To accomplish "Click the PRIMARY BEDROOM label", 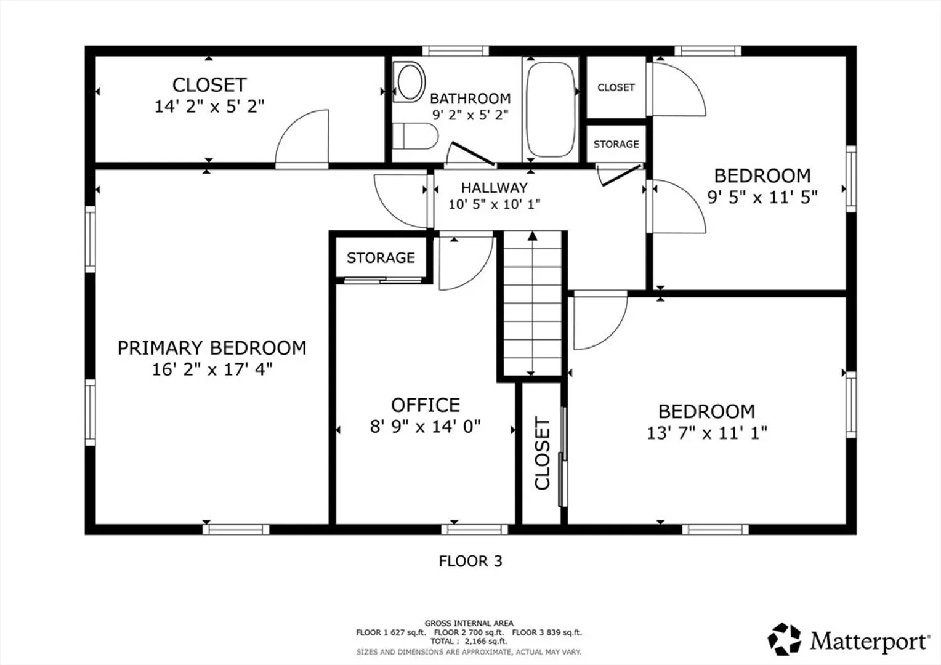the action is coord(212,348).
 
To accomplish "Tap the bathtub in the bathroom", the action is coord(551,109).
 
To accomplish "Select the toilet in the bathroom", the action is coord(415,135).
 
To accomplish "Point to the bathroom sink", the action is coord(409,82).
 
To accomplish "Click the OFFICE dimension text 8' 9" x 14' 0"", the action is coord(425,426).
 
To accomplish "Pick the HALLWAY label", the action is coord(495,188).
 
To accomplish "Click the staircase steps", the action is coord(532,304).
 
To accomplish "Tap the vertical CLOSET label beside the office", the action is coord(543,453).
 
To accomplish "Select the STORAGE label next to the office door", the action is coord(381,257).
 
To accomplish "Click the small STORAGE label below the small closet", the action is coord(616,144).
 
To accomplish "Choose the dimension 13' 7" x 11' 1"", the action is coord(706,433).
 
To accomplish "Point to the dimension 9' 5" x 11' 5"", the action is coord(762,197).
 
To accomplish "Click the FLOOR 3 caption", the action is coord(470,561).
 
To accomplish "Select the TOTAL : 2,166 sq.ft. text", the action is coord(469,642).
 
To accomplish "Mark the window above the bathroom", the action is coord(455,51).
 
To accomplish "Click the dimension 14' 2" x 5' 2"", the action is coord(209,107).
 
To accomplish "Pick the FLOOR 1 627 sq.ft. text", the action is coord(390,632).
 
